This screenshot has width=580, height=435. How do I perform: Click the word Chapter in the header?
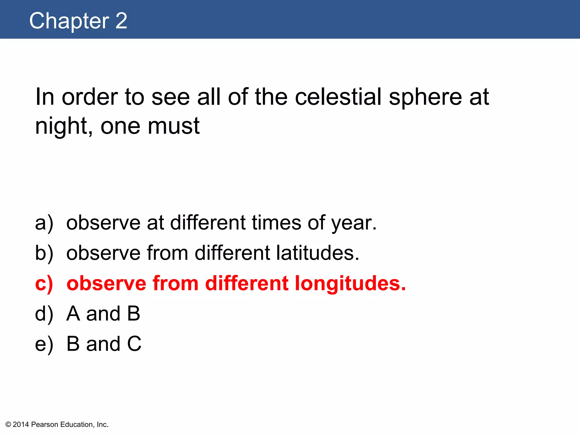(x=69, y=21)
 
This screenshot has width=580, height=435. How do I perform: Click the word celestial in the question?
(x=338, y=97)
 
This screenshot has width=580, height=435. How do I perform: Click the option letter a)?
(x=44, y=223)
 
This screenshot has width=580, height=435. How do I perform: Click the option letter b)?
(x=44, y=253)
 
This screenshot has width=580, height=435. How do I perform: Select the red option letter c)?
(x=44, y=283)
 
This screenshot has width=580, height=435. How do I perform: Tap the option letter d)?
(x=44, y=314)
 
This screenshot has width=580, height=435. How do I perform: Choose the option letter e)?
(x=44, y=344)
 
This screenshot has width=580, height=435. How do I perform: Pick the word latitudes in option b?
(x=317, y=253)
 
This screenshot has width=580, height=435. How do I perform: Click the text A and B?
(x=103, y=314)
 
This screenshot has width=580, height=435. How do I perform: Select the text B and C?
(x=104, y=344)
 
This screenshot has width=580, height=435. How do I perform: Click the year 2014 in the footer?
(x=21, y=425)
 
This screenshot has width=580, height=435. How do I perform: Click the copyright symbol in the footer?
(x=8, y=425)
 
